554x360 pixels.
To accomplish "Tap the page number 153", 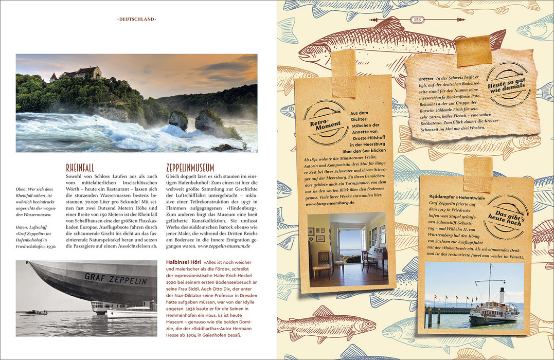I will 417,20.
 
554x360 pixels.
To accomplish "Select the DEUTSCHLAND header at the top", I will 137,20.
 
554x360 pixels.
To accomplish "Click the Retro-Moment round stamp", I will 325,122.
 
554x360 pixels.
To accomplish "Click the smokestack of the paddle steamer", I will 502,295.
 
